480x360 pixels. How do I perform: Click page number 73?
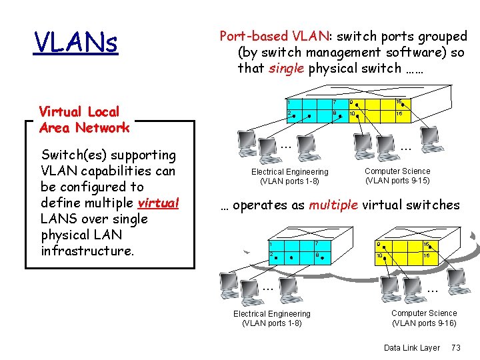click(456, 348)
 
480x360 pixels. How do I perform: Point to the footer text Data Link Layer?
click(412, 348)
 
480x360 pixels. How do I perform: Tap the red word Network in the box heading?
click(102, 127)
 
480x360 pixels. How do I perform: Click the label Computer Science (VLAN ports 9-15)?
click(397, 176)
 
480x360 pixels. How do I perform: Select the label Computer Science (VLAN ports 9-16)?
click(424, 318)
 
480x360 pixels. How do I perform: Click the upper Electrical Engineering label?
click(289, 177)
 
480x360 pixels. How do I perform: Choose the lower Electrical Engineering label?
click(271, 319)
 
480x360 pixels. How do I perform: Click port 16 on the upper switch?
click(399, 102)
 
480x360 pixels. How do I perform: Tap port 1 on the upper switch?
click(289, 103)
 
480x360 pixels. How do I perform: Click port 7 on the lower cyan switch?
click(317, 245)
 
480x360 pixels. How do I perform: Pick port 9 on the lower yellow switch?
click(379, 244)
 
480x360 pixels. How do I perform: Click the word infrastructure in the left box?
click(87, 251)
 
